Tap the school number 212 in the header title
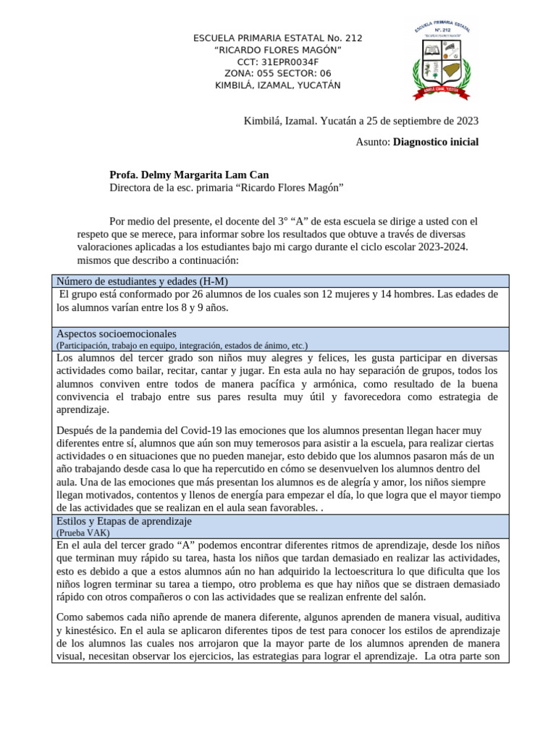(353, 38)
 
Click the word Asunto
(372, 142)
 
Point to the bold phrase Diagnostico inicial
(436, 142)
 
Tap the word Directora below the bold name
(131, 188)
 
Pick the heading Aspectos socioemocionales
(116, 334)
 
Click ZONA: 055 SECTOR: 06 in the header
(278, 73)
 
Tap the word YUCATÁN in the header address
(319, 86)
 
